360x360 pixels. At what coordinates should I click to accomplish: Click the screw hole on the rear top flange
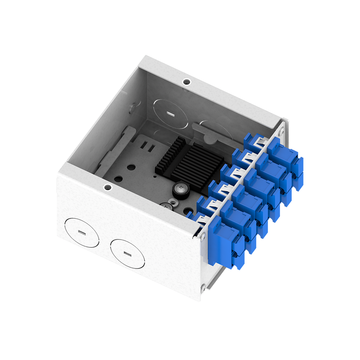[187, 81]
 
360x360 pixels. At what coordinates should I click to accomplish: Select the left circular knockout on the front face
[82, 232]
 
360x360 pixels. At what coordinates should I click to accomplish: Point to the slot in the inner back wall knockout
[171, 114]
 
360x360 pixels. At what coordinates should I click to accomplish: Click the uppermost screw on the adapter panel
[282, 132]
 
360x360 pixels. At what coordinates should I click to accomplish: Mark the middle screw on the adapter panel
[203, 236]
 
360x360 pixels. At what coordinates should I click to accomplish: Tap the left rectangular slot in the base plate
[144, 145]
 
